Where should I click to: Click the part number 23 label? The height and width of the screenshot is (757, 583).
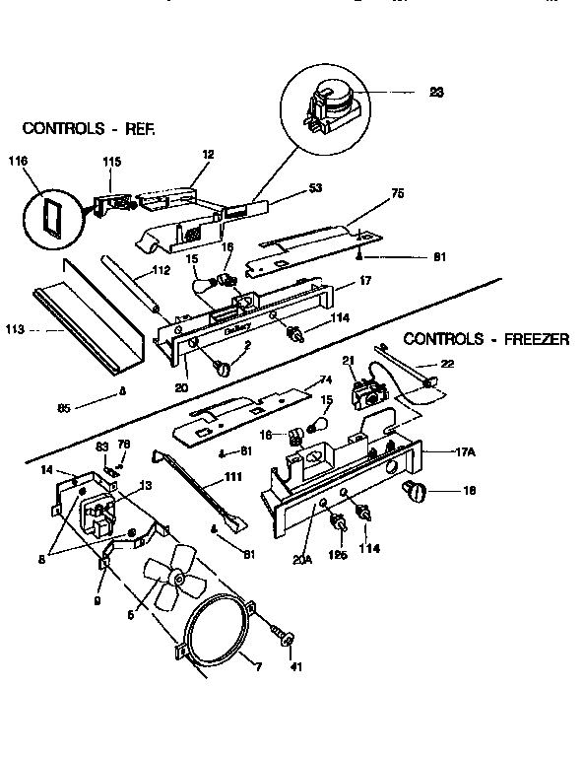(x=437, y=92)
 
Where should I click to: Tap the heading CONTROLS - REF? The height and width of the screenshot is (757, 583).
(x=90, y=129)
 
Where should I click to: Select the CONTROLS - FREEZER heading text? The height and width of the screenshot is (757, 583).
(x=486, y=340)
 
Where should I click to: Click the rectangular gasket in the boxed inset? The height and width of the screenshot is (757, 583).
(x=49, y=215)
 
